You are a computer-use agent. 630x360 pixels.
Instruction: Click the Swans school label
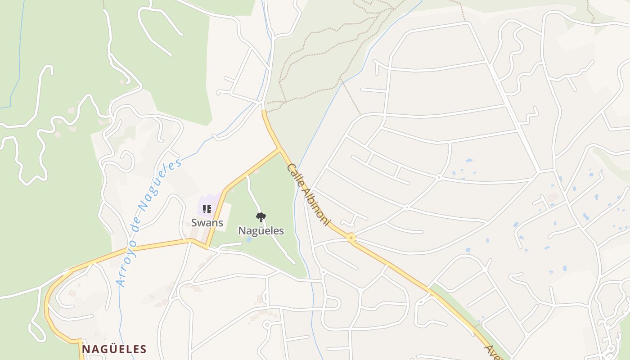click(207, 222)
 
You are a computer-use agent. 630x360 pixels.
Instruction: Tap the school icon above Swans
click(207, 209)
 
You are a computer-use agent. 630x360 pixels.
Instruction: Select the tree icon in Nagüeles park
click(260, 217)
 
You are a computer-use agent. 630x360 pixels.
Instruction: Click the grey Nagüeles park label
click(261, 231)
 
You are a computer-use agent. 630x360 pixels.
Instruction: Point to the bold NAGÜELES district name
click(114, 349)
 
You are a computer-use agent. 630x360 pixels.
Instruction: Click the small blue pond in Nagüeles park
click(248, 239)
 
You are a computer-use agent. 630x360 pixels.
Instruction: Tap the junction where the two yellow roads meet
click(280, 149)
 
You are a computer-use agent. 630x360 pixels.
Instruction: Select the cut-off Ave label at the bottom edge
click(492, 352)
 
